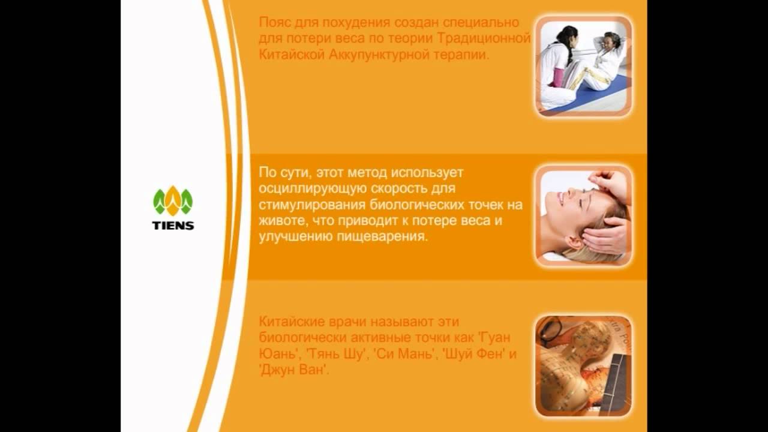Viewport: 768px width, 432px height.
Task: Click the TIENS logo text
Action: coord(173,226)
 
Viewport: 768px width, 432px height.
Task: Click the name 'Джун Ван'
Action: coord(294,370)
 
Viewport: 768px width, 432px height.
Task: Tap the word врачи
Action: coord(337,322)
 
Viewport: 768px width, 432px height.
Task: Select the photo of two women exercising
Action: coord(583,66)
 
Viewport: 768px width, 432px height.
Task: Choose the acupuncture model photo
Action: coord(583,366)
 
